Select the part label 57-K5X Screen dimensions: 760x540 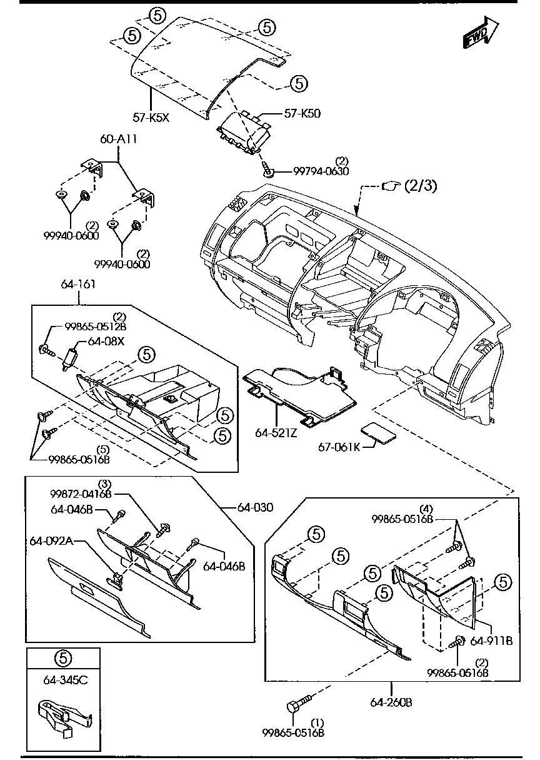pyautogui.click(x=151, y=116)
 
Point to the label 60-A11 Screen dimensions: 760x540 pyautogui.click(x=119, y=139)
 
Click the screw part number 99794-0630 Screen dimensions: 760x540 pyautogui.click(x=321, y=171)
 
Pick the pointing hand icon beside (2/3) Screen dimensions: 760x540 pyautogui.click(x=391, y=185)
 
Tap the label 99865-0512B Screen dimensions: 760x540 pyautogui.click(x=96, y=327)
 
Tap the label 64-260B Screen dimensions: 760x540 pyautogui.click(x=391, y=702)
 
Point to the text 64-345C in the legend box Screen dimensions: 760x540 pyautogui.click(x=62, y=680)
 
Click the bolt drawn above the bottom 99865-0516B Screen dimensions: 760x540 pyautogui.click(x=297, y=705)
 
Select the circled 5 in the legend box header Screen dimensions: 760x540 pyautogui.click(x=63, y=657)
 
